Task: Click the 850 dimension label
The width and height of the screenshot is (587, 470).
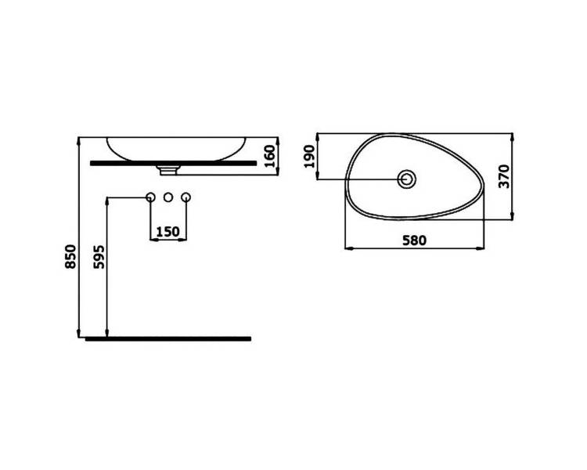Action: pyautogui.click(x=70, y=256)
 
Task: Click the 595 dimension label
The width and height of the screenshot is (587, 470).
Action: pyautogui.click(x=99, y=257)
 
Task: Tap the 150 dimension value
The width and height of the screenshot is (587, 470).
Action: pyautogui.click(x=167, y=232)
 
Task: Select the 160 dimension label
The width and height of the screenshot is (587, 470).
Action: pyautogui.click(x=269, y=157)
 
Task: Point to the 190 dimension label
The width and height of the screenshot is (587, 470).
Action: pyautogui.click(x=310, y=157)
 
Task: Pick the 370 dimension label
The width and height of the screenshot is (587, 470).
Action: pyautogui.click(x=504, y=176)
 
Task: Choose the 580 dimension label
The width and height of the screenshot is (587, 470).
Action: pyautogui.click(x=414, y=240)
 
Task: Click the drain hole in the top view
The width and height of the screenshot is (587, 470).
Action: pyautogui.click(x=406, y=179)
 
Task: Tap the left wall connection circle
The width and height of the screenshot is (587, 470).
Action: pyautogui.click(x=150, y=197)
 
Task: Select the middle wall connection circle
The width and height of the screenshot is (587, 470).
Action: pyautogui.click(x=168, y=197)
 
